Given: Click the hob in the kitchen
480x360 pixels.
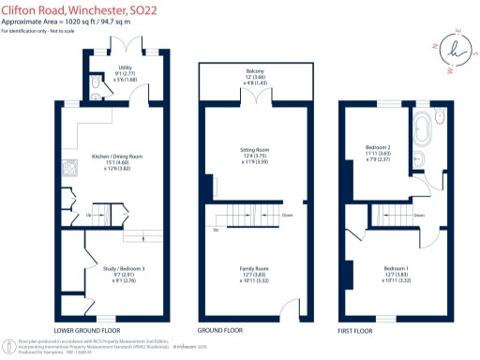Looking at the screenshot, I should coord(68,170).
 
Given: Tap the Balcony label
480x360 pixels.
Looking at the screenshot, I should coord(254,72).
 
